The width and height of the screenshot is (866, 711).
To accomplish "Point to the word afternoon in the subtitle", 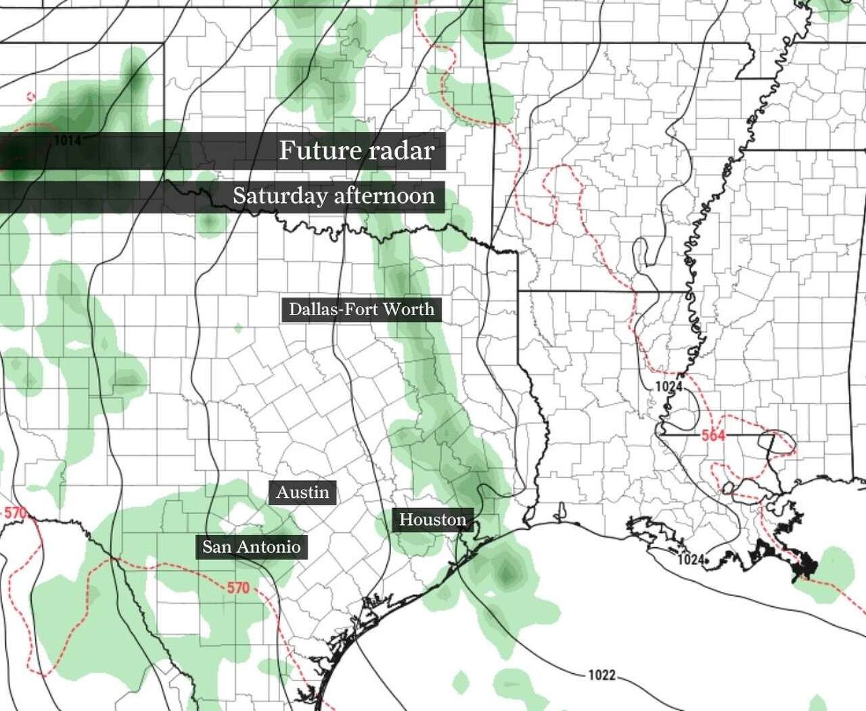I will [x=384, y=196].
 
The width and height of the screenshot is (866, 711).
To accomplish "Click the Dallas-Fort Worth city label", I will [x=361, y=310].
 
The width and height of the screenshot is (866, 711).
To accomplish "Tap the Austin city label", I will [x=302, y=492].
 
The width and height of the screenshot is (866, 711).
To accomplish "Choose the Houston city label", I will [x=432, y=520].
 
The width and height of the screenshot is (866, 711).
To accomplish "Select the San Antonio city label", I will [x=251, y=547].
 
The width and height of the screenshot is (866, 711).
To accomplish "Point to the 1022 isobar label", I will [x=601, y=674].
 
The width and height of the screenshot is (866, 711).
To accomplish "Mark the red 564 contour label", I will [x=713, y=435].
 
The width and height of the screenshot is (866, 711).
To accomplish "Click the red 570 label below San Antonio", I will [x=238, y=588].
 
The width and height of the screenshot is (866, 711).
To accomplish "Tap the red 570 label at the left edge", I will [x=15, y=513].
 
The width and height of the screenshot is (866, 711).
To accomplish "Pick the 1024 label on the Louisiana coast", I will [x=691, y=559].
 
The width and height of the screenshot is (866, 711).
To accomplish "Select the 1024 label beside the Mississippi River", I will [x=668, y=386].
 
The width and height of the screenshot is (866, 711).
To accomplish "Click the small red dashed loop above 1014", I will [x=30, y=97].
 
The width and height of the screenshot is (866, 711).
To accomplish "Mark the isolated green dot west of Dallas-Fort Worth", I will [x=238, y=329].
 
